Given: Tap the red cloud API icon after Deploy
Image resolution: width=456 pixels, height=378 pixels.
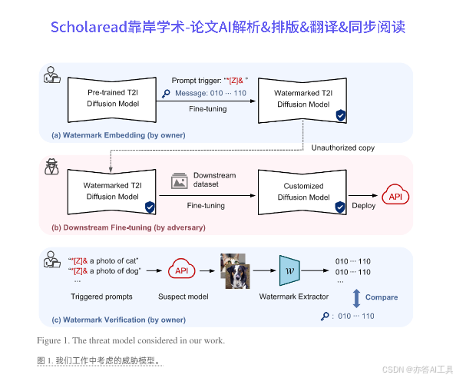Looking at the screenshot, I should (396, 197).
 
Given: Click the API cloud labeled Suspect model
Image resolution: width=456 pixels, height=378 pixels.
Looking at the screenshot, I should (182, 270).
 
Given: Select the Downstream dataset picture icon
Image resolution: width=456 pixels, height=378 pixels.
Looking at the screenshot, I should (180, 181).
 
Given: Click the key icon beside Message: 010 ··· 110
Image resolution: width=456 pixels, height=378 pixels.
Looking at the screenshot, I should (167, 94).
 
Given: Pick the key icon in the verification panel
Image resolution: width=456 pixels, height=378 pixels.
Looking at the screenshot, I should (325, 316).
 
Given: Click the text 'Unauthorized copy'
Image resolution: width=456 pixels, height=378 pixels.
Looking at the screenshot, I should (344, 148).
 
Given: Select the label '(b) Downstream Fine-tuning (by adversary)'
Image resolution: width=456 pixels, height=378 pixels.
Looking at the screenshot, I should (128, 227).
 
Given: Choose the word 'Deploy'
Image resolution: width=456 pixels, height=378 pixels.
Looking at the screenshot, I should (363, 206).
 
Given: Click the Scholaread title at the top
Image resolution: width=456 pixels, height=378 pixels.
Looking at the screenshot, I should (227, 28).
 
